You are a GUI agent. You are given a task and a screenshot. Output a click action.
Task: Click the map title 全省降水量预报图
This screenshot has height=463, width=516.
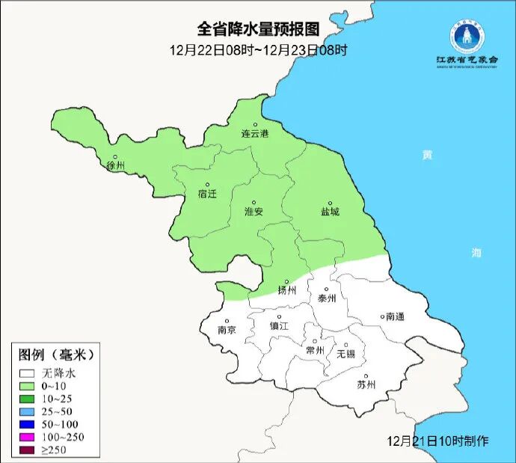258,29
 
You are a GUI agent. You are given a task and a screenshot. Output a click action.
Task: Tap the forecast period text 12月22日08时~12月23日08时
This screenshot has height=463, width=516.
258,50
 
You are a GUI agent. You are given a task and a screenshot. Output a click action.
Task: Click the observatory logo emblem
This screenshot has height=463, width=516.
467,36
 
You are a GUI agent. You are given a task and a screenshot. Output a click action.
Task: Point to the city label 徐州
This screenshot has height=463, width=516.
115,165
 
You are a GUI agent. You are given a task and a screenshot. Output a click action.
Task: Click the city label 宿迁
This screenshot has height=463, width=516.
207,194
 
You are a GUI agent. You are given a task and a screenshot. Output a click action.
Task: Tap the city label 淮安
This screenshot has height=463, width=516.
254,212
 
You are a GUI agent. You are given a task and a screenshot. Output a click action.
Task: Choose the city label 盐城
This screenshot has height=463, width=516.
329,212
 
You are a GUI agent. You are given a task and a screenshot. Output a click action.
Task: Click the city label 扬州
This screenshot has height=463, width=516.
287,290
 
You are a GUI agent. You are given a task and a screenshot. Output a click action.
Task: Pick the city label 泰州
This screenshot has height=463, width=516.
327,298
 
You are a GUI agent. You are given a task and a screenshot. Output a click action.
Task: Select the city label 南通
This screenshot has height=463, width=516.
394,316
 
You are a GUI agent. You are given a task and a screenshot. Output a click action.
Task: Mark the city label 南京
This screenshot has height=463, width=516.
227,330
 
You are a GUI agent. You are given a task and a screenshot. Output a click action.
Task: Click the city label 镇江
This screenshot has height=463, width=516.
279,327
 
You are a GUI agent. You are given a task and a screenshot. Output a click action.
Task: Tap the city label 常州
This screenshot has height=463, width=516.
316,350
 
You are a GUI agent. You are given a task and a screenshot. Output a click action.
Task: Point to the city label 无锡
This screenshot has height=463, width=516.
345,353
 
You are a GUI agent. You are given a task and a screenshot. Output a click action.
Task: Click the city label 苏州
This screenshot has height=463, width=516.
366,385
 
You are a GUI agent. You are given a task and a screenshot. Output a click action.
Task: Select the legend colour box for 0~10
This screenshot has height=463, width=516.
28,385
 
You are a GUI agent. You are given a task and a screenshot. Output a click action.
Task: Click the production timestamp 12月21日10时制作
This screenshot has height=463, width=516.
438,441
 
